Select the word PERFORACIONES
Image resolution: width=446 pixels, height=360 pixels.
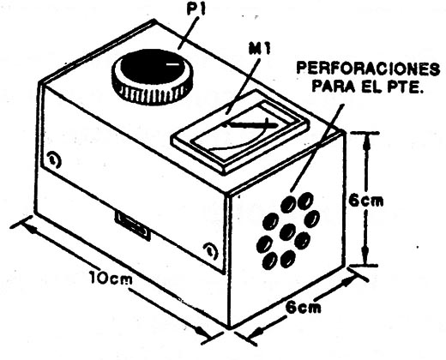click(369, 69)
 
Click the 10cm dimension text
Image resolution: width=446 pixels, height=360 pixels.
click(111, 278)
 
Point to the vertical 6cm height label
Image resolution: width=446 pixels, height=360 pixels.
click(366, 201)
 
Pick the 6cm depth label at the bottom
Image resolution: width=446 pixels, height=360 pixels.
click(304, 308)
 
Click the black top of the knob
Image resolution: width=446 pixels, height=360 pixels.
click(153, 67)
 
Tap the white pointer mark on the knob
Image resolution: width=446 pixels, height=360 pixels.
click(173, 64)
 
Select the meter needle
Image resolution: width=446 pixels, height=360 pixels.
click(251, 124)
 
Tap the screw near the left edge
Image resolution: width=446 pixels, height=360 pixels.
click(54, 159)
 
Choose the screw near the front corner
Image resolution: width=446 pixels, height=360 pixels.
click(211, 250)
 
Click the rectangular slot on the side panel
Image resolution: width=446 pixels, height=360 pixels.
click(132, 225)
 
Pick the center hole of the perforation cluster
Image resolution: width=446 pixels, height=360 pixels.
click(287, 232)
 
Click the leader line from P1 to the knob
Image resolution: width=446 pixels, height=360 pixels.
click(188, 33)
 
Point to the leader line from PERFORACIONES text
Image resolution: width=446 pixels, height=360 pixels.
click(316, 147)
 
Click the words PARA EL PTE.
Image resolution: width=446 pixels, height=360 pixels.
click(367, 86)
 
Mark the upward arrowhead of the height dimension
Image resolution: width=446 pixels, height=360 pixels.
click(366, 141)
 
